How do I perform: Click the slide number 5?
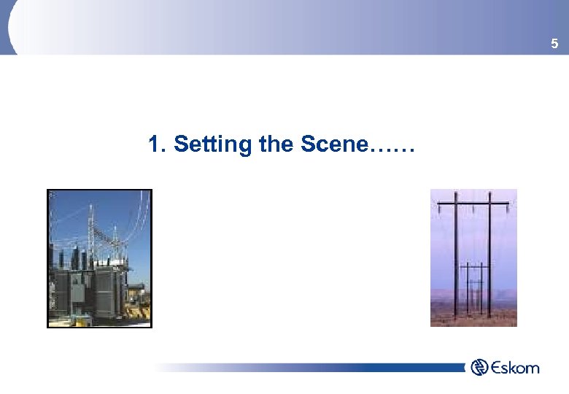coord(554,45)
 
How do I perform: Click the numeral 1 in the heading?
coord(153,144)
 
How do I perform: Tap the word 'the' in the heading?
coord(275,144)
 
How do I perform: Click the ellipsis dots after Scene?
coord(392,150)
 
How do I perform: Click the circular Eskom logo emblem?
coord(479,367)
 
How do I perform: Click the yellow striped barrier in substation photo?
coord(135,311)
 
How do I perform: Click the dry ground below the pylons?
coord(474,318)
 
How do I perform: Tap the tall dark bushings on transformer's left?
coord(63,259)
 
